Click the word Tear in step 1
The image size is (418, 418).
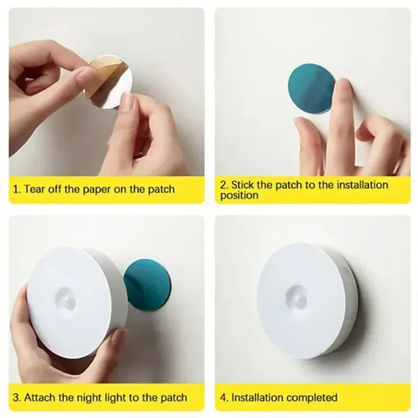[35, 189]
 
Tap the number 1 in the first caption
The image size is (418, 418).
[15, 189]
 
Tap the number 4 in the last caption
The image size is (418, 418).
[223, 398]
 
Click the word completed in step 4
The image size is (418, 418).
[311, 398]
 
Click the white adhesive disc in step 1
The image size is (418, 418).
[115, 89]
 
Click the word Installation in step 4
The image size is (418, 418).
[257, 398]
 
